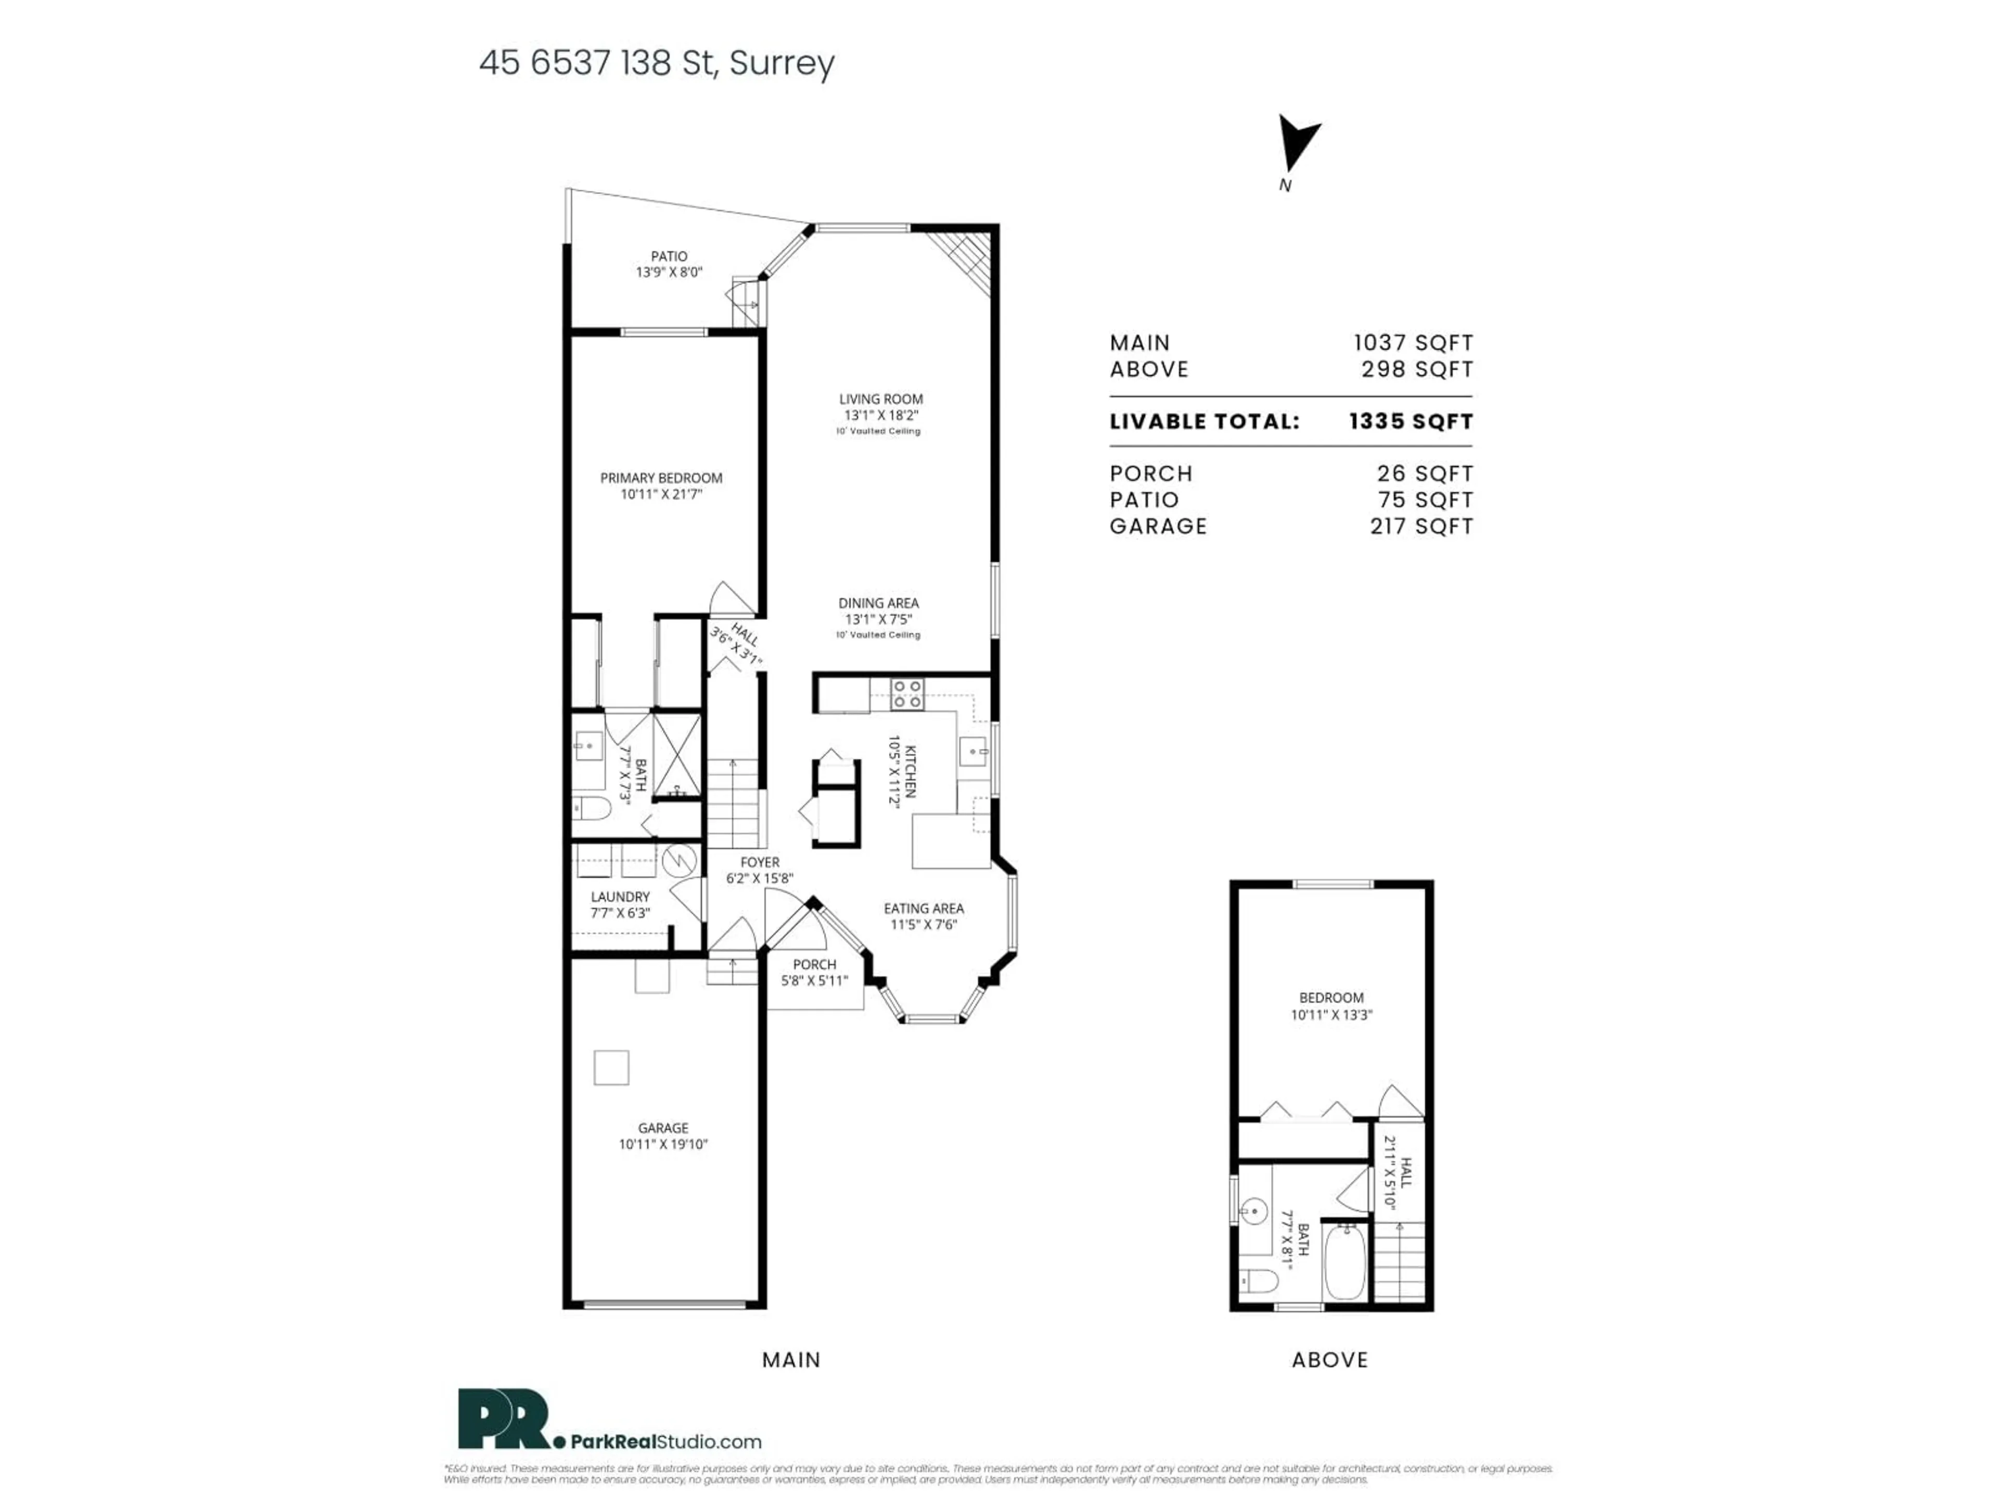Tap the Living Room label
coord(881,399)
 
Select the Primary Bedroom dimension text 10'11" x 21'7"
coord(661,495)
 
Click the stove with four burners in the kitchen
coord(907,693)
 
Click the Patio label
coord(669,256)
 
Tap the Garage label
coord(663,1128)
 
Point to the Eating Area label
coord(923,908)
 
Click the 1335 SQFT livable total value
coord(1410,422)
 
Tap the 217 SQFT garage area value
coord(1421,526)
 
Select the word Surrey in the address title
coord(782,63)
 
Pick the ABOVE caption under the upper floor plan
coord(1329,1360)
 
